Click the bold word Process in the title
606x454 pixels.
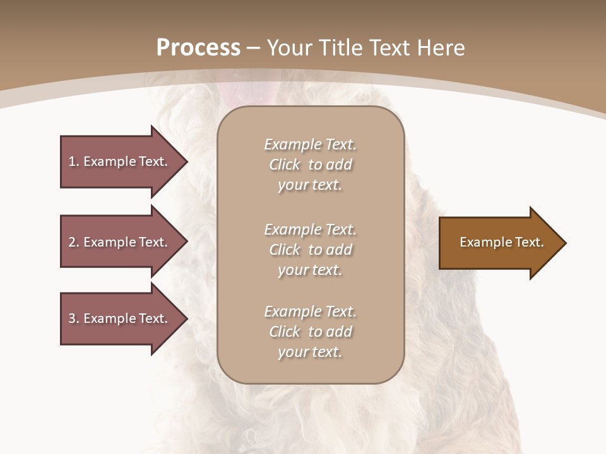pos(198,48)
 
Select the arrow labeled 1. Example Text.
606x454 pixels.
pos(120,161)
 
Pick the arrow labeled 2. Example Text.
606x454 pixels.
pos(120,242)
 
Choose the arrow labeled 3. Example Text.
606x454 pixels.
pos(120,318)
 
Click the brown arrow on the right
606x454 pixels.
pos(499,243)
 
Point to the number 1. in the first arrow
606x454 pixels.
pos(74,161)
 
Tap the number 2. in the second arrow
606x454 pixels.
pos(74,242)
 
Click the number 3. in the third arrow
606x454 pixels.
pos(74,318)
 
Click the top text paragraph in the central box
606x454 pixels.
pos(310,165)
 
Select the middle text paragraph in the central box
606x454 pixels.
pos(310,250)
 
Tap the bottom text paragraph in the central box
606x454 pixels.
pos(310,332)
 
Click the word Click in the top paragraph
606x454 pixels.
pos(285,165)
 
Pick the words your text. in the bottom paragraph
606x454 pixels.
pos(310,352)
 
